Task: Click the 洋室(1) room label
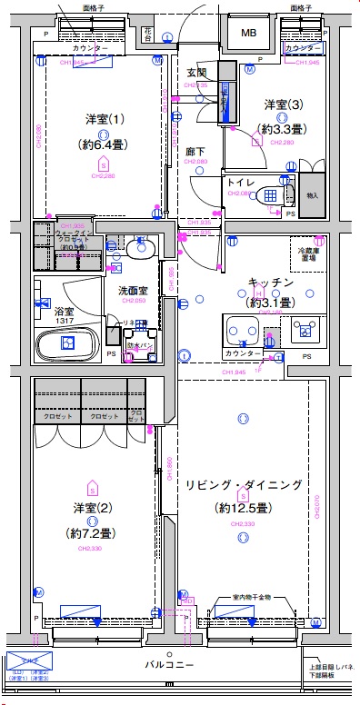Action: click(x=104, y=120)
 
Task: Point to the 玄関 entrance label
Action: click(x=196, y=73)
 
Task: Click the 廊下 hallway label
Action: click(x=195, y=151)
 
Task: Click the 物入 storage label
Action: click(x=313, y=194)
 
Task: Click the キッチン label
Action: click(x=271, y=283)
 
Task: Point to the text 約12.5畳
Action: click(x=241, y=507)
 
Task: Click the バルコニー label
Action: click(x=171, y=665)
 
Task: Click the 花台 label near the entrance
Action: click(x=149, y=34)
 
